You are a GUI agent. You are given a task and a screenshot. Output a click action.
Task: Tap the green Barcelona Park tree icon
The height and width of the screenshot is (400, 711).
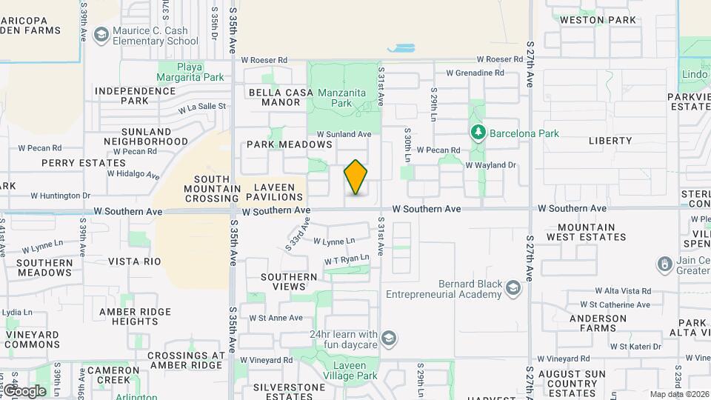(x=478, y=133)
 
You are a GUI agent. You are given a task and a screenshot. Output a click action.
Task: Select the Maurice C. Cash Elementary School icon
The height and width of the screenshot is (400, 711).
(x=101, y=35)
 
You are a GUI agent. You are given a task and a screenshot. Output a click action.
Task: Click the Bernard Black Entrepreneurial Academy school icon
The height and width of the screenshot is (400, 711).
(x=512, y=287)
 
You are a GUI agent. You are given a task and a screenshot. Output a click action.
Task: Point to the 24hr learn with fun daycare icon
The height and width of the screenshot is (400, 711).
(x=390, y=339)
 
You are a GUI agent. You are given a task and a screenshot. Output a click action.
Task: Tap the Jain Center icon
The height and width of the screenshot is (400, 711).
(x=665, y=264)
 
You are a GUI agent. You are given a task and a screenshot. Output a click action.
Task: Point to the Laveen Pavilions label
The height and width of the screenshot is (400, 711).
(x=278, y=192)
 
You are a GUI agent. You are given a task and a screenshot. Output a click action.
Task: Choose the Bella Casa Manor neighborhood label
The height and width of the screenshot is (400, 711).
(x=275, y=97)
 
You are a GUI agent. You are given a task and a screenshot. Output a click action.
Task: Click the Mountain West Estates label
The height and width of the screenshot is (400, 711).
(x=587, y=232)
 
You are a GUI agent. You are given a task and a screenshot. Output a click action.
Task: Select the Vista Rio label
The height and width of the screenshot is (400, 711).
(x=135, y=261)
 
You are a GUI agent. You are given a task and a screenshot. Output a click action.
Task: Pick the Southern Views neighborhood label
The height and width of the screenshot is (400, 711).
(x=289, y=281)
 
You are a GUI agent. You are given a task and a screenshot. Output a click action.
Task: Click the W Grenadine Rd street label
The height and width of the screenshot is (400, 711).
(x=475, y=73)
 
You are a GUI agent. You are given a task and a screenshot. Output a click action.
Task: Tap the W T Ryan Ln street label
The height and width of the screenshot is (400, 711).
(x=347, y=259)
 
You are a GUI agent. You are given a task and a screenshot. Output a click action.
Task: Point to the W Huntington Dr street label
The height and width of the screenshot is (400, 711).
(x=60, y=196)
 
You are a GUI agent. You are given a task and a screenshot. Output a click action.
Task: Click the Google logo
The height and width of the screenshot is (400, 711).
(x=24, y=391)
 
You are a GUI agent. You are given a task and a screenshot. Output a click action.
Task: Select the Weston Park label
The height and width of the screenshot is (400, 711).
(x=598, y=20)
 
